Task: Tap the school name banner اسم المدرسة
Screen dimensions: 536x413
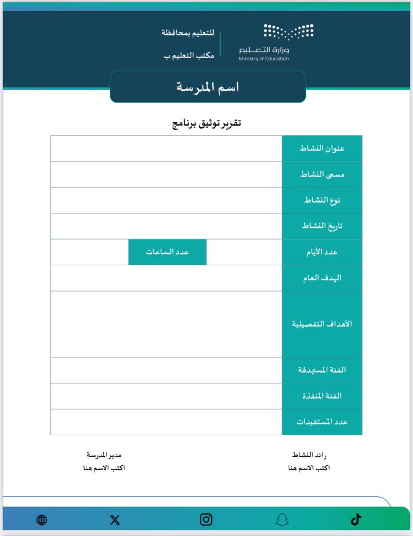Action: (x=208, y=87)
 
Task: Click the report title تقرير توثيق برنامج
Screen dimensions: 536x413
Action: (x=206, y=124)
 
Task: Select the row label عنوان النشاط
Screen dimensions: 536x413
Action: (x=322, y=148)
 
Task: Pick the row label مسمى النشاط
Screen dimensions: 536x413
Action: (x=322, y=174)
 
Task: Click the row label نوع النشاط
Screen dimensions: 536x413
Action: (x=322, y=200)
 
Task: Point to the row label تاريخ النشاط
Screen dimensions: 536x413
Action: (x=322, y=226)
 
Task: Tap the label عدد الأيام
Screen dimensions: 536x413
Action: (x=322, y=252)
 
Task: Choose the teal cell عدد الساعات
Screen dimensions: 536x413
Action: (x=168, y=252)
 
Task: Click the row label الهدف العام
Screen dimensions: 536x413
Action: (x=322, y=278)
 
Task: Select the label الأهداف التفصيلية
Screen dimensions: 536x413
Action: (x=322, y=324)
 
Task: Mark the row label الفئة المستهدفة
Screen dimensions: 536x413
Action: (x=322, y=370)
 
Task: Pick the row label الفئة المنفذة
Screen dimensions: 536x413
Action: (x=322, y=396)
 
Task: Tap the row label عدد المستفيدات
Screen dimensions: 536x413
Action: (x=322, y=422)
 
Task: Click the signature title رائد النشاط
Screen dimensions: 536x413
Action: (x=309, y=455)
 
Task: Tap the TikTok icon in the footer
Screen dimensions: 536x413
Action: (x=356, y=519)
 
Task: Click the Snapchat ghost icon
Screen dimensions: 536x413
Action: (x=282, y=519)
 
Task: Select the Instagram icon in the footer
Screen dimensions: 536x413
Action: (x=206, y=519)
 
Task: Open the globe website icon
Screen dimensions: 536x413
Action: (x=42, y=519)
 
